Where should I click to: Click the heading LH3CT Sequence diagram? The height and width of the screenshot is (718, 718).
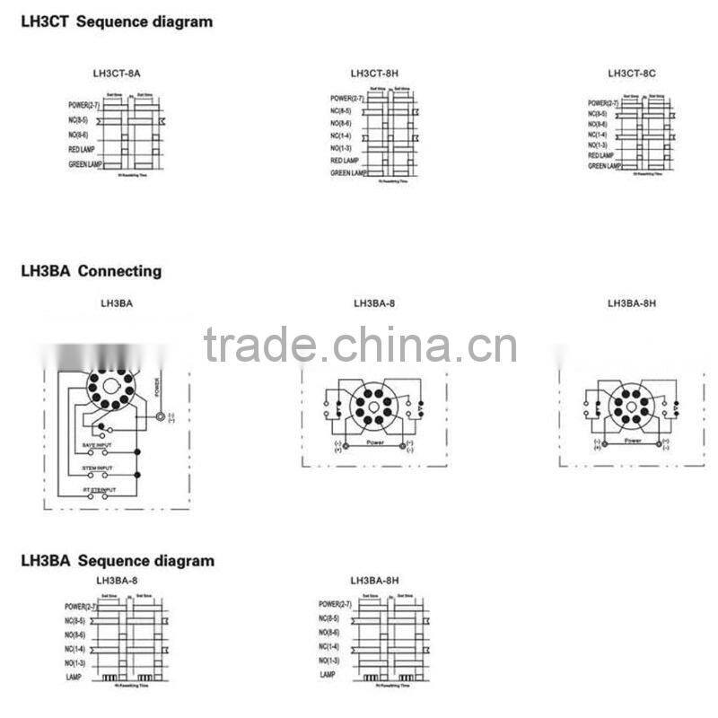[117, 21]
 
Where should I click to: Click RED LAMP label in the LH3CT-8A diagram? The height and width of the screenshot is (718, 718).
[82, 150]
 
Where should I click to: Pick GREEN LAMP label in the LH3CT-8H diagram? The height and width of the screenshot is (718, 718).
[348, 173]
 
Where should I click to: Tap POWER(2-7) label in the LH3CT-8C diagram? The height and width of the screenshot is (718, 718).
[603, 104]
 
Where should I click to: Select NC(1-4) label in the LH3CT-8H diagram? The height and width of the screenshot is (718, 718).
[340, 136]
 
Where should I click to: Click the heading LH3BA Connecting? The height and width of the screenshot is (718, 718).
[91, 270]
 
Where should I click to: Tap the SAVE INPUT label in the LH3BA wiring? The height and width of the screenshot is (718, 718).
[99, 445]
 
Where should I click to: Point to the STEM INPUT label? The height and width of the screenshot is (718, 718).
[99, 468]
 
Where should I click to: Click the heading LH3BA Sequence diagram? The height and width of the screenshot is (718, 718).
[118, 561]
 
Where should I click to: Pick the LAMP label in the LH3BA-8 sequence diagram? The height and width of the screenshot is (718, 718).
[74, 674]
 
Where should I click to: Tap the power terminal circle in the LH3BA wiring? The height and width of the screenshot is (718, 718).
[160, 416]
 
